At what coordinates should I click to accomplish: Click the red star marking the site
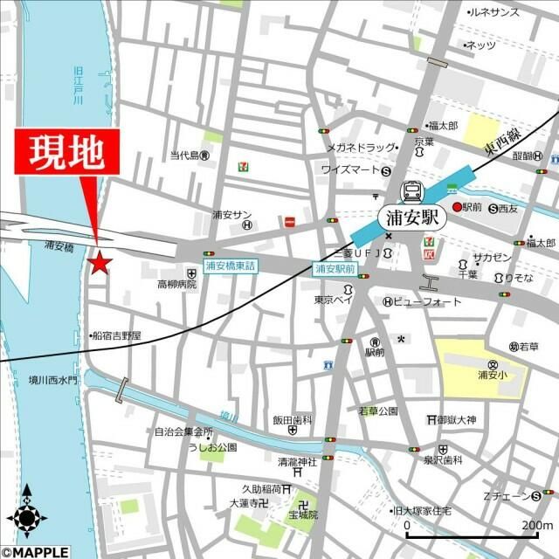(100, 261)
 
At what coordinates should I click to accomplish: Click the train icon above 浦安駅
(411, 191)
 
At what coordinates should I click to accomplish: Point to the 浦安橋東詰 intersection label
(231, 266)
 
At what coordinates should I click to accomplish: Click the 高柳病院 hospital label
(177, 284)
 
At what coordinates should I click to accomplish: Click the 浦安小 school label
(493, 376)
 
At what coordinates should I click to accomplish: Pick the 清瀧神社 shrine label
(296, 461)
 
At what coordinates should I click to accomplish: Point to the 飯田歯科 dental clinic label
(292, 420)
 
